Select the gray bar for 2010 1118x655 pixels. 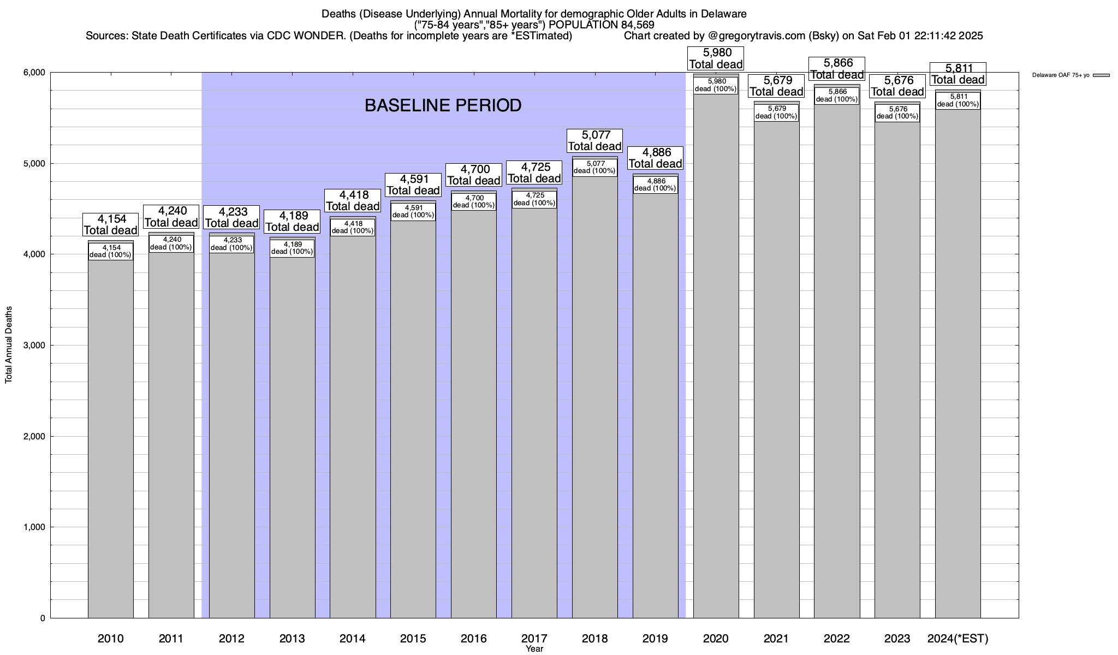pyautogui.click(x=111, y=437)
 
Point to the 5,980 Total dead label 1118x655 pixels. pyautogui.click(x=716, y=58)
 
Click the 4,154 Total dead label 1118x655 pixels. pyautogui.click(x=111, y=224)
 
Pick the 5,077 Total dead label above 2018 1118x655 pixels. pyautogui.click(x=594, y=140)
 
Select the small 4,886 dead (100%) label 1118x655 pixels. pyautogui.click(x=655, y=184)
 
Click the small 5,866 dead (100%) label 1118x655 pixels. pyautogui.click(x=837, y=96)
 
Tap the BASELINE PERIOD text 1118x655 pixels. pyautogui.click(x=443, y=105)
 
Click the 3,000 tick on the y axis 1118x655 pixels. pyautogui.click(x=34, y=346)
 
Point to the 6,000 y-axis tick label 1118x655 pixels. pyautogui.click(x=34, y=73)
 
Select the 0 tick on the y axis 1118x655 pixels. pyautogui.click(x=42, y=618)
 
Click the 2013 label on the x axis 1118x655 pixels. pyautogui.click(x=292, y=638)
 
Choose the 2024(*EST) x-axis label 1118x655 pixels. pyautogui.click(x=958, y=638)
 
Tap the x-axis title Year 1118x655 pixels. pyautogui.click(x=534, y=649)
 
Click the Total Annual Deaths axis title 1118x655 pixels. pyautogui.click(x=9, y=344)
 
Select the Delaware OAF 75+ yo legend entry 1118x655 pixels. pyautogui.click(x=1070, y=75)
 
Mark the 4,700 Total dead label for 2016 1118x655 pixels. pyautogui.click(x=474, y=175)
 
